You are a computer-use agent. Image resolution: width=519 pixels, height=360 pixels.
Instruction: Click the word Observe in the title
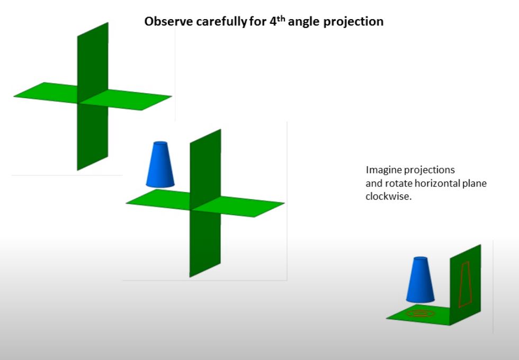[168, 22]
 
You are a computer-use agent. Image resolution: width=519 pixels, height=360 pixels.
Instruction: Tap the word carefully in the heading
[221, 22]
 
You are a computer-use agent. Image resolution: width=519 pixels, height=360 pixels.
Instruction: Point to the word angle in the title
[303, 22]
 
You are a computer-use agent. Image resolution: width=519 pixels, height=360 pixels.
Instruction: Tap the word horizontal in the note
[436, 183]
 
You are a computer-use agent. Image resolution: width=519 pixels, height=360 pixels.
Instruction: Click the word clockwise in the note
[389, 196]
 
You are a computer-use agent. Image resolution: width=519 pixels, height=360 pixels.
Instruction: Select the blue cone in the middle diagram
[160, 165]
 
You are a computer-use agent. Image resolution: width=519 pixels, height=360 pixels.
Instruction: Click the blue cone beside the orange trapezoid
[420, 280]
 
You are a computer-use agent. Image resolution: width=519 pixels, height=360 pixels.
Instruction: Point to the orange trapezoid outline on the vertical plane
[465, 285]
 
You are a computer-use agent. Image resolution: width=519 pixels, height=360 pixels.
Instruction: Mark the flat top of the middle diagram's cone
[161, 143]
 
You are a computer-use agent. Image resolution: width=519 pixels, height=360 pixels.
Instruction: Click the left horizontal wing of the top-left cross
[47, 92]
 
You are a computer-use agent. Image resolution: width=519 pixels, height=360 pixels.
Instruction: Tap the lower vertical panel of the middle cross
[205, 241]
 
